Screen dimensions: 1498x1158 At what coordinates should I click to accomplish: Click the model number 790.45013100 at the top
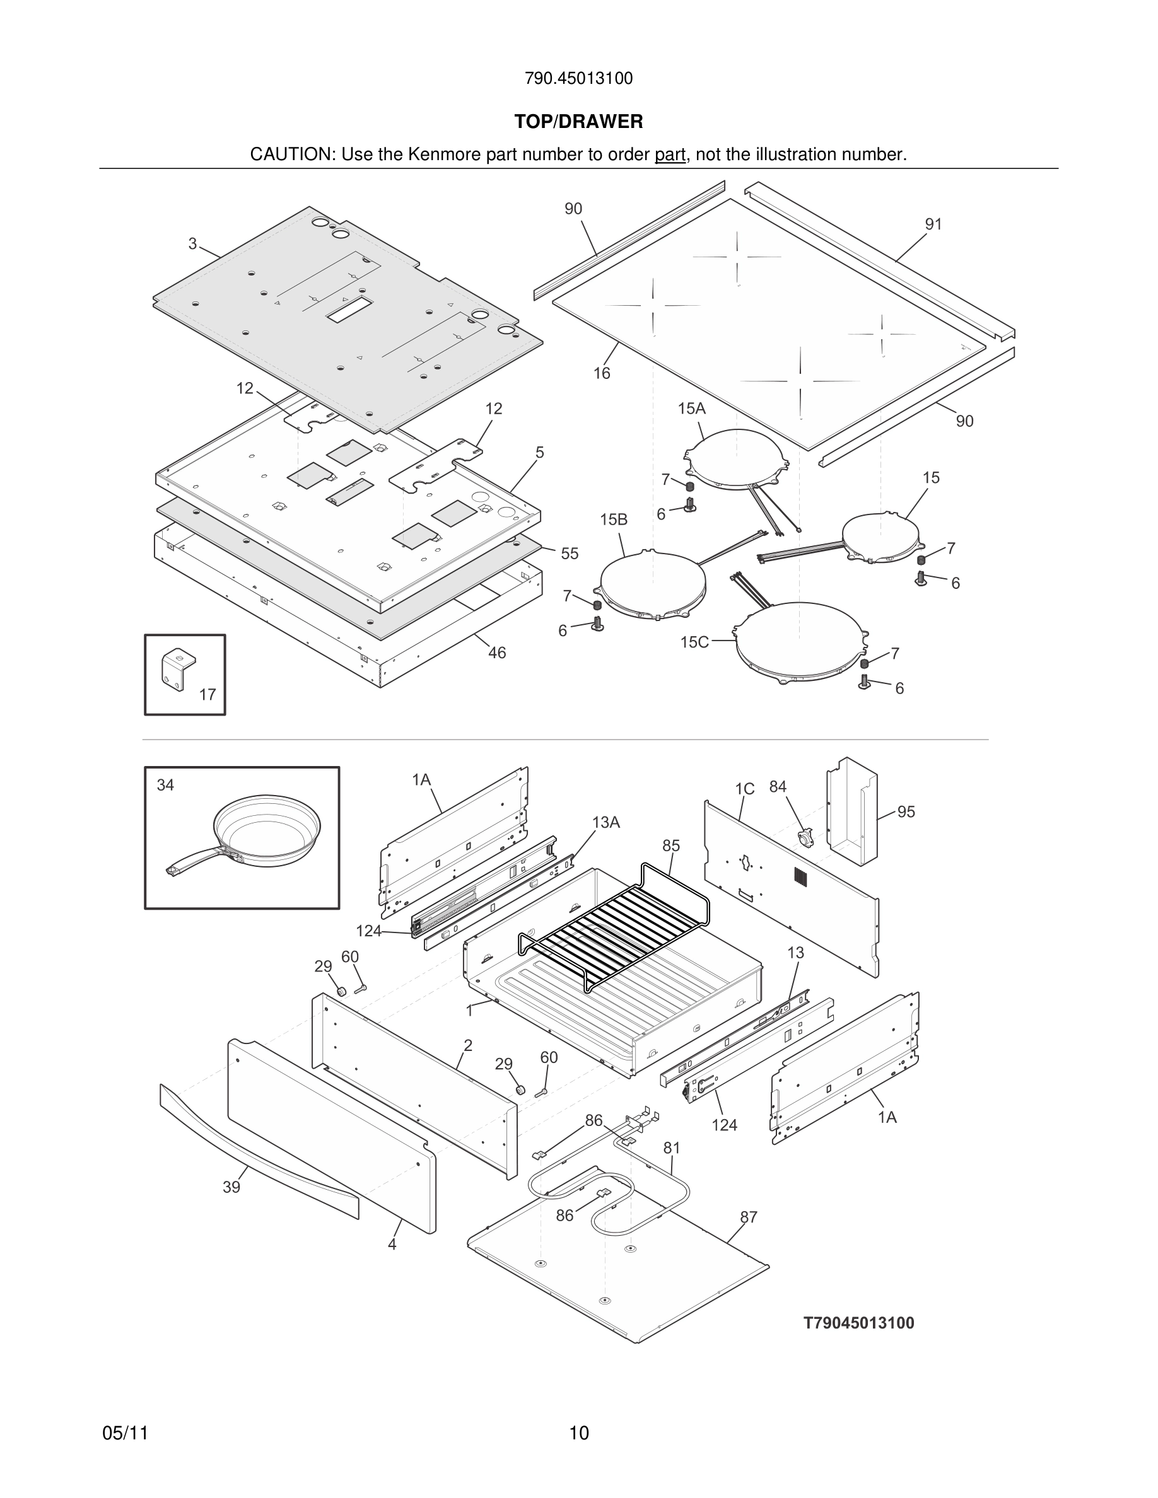pos(578,79)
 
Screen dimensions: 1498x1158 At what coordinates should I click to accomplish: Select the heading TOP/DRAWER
pos(578,122)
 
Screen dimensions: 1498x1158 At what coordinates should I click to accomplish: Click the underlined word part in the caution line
pos(670,155)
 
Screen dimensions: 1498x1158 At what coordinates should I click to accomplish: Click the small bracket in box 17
pos(178,669)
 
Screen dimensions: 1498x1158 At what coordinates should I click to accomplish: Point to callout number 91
pos(933,224)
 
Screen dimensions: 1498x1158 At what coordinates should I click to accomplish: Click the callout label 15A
pos(691,409)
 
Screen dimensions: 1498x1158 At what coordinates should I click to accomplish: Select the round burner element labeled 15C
pos(799,641)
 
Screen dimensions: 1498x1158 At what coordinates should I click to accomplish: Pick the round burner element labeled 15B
pos(652,584)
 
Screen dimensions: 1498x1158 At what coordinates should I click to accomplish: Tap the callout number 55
pos(570,554)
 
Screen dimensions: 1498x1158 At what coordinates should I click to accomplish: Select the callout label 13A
pos(605,822)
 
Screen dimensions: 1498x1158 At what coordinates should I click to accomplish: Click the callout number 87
pos(749,1217)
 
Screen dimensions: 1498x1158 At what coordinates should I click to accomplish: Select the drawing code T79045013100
pos(859,1323)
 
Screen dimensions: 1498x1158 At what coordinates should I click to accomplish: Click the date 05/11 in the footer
pos(125,1433)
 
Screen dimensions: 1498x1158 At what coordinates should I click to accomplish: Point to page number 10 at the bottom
pos(578,1433)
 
